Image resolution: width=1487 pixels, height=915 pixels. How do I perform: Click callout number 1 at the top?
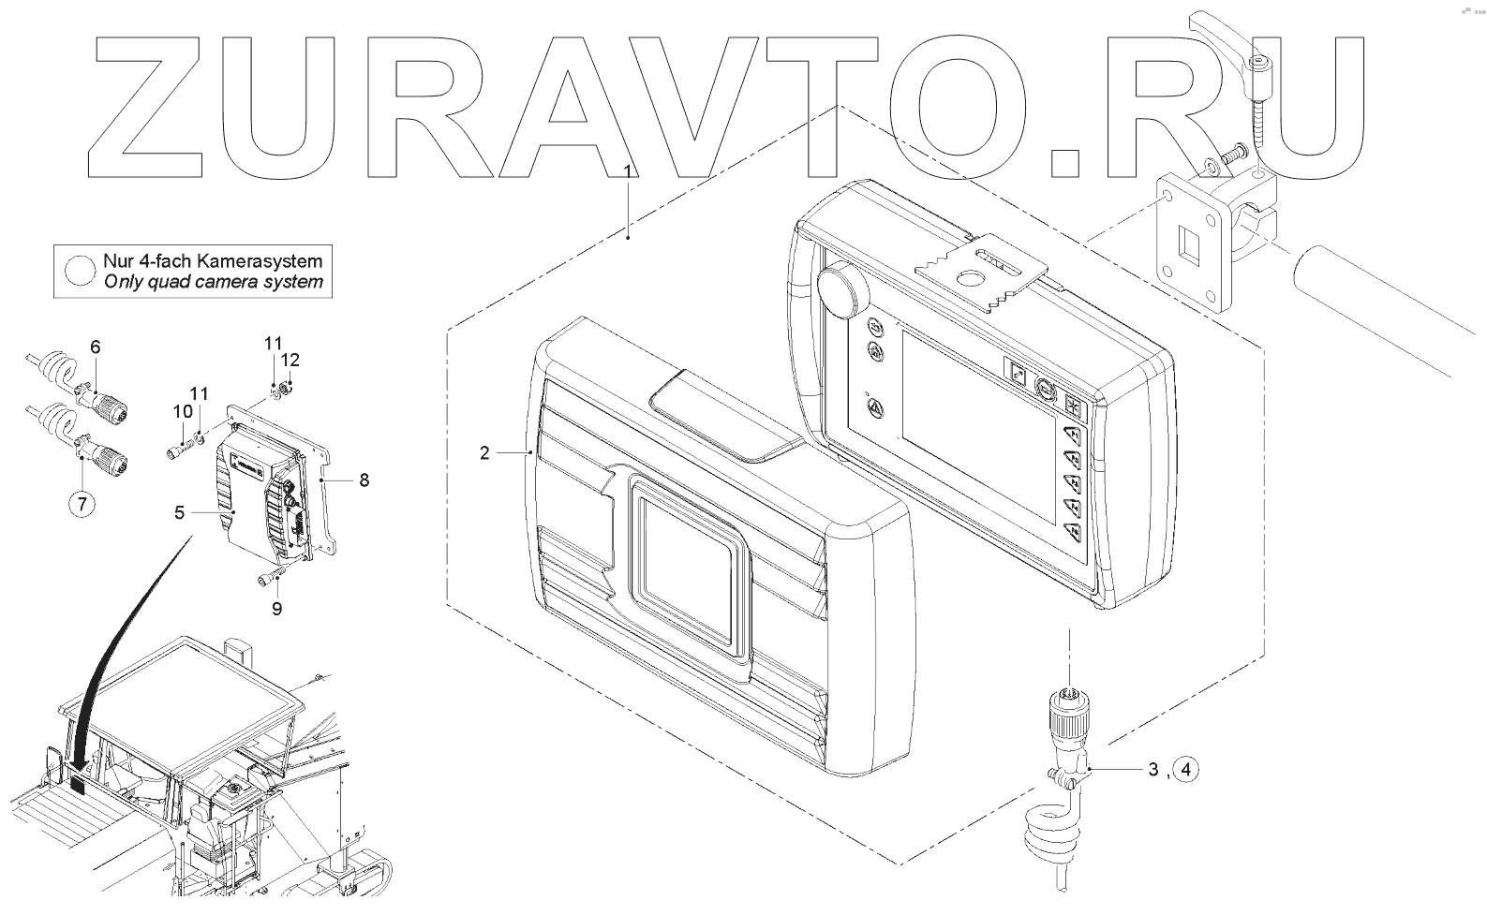(x=629, y=170)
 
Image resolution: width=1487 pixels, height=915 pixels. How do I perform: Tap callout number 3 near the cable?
(x=1153, y=770)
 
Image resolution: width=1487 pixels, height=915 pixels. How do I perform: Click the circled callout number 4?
(x=1185, y=770)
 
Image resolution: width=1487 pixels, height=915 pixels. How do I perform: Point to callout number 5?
(x=179, y=512)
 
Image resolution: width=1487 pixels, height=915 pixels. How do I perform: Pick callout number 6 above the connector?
(x=95, y=347)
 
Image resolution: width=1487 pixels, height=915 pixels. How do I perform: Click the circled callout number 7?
(x=82, y=505)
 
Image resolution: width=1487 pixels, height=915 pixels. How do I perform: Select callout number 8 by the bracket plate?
(x=364, y=480)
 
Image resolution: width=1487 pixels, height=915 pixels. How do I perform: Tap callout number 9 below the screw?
(x=276, y=609)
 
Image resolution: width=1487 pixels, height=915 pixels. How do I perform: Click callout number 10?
(x=182, y=411)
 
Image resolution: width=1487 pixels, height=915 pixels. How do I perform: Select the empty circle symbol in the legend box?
(x=81, y=270)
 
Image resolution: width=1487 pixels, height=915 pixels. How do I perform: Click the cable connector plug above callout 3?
(x=1067, y=716)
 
